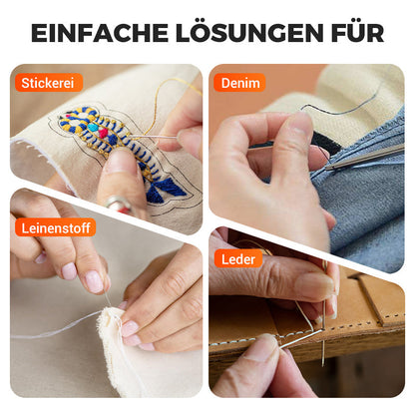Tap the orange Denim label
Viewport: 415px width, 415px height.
(x=239, y=83)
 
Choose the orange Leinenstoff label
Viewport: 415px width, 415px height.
(x=56, y=227)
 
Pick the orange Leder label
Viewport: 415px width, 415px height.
(x=237, y=258)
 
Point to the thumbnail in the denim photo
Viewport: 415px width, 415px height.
(x=299, y=123)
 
